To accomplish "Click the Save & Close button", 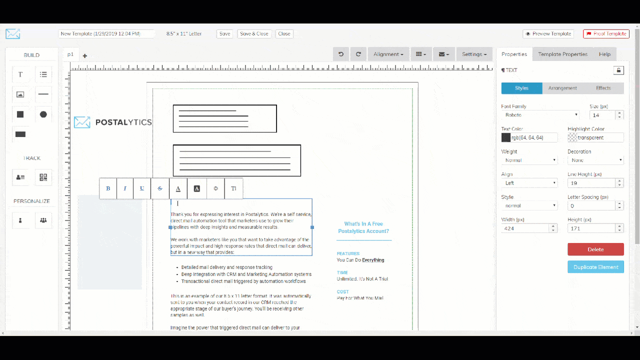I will [x=254, y=34].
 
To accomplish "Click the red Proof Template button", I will [x=606, y=34].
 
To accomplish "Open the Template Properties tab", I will [x=562, y=54].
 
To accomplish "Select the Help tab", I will [x=604, y=54].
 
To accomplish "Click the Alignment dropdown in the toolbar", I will [x=388, y=54].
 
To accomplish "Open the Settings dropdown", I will [x=474, y=54].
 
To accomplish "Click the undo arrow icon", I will [x=341, y=54].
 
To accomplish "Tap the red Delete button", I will [x=595, y=249].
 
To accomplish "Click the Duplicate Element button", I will [x=595, y=267].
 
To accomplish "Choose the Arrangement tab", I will [x=562, y=88].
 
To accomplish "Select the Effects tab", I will [x=603, y=88].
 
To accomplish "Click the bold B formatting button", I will [x=108, y=188].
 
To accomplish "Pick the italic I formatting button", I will [x=125, y=188].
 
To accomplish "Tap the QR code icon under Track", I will [x=43, y=177].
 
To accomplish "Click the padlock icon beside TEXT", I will [x=618, y=70].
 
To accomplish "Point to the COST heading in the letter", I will [x=343, y=291].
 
